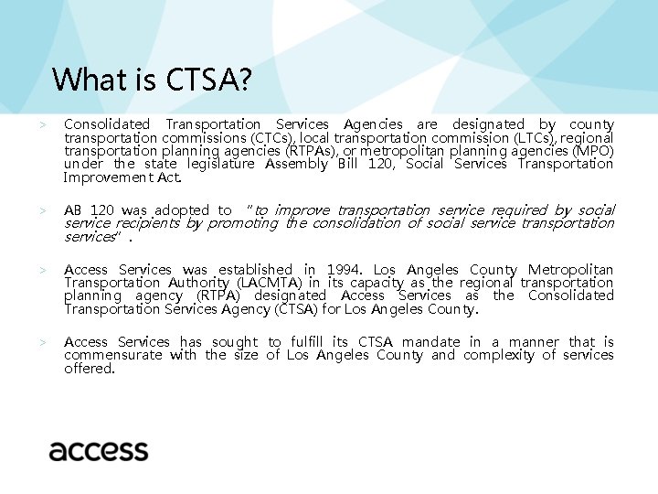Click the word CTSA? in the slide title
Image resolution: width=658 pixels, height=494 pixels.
tap(207, 80)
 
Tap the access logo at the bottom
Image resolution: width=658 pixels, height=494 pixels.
tap(99, 450)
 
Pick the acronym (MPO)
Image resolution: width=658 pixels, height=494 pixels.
tap(591, 150)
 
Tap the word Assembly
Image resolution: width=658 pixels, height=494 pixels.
tap(297, 164)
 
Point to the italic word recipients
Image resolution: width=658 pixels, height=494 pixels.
tap(147, 223)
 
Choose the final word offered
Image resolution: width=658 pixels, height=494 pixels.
tap(89, 368)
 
